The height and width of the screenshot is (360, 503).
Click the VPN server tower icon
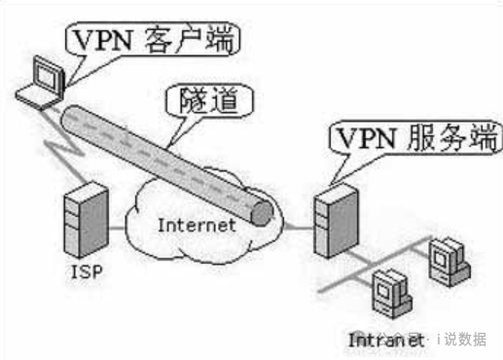pyautogui.click(x=329, y=222)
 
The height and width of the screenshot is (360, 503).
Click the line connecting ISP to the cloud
pyautogui.click(x=121, y=230)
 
